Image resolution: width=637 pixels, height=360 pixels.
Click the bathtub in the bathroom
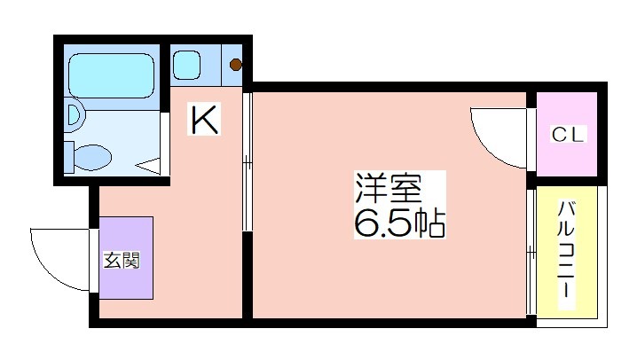pos(111,75)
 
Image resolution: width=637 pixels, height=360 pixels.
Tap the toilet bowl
pos(93,157)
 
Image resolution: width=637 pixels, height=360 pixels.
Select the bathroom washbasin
pos(75,114)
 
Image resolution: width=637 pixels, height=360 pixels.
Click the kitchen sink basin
pos(186,65)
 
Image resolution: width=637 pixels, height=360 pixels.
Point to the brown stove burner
pos(236,65)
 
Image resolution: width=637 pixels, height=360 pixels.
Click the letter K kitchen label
pos(204,119)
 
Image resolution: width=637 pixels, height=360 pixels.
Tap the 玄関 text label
pos(122,260)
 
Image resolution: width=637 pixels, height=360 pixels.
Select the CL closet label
pos(568,134)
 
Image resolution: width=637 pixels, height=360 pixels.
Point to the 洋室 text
pos(388,188)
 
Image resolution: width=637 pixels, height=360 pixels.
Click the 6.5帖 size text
pos(400,223)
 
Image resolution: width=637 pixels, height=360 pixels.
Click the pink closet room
pos(567,134)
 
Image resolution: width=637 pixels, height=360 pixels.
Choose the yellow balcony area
pos(567,252)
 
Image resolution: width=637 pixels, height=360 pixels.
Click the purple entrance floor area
pos(126,258)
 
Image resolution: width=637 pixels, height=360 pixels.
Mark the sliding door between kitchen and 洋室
pos(248,162)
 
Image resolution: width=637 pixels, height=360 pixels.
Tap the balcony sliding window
pos(531,252)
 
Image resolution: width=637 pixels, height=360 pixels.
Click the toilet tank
pos(69,157)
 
